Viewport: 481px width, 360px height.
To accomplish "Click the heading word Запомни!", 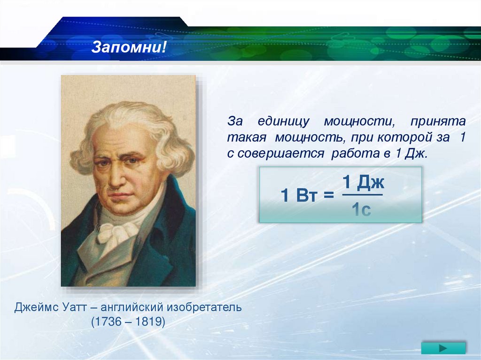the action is (x=129, y=47).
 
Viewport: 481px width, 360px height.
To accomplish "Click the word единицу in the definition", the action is (x=283, y=122).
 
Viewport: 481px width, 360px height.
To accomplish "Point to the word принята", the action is (x=438, y=122).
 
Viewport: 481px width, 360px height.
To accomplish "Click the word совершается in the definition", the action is (x=281, y=153).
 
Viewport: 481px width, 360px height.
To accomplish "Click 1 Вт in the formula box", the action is (x=298, y=195).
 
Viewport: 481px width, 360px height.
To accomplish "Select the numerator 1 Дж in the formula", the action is (x=363, y=182).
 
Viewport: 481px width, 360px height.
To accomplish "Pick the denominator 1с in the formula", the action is (x=361, y=210).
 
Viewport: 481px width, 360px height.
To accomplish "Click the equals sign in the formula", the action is (x=328, y=195).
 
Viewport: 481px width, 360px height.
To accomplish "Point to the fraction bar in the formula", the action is (x=363, y=194).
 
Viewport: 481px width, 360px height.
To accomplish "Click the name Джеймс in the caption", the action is (x=36, y=307).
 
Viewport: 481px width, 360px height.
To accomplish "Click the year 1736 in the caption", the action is (x=109, y=322).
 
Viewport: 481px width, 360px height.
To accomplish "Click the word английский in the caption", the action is (x=132, y=307).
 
